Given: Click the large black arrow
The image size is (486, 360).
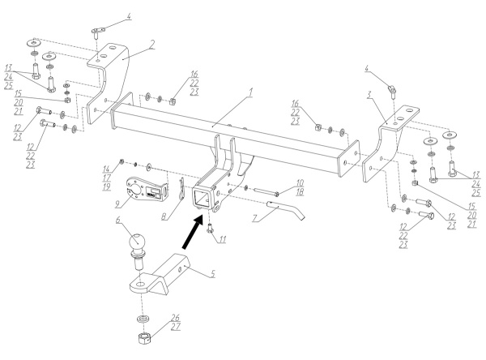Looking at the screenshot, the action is (193, 232).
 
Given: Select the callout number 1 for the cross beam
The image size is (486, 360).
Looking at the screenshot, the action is (251, 92).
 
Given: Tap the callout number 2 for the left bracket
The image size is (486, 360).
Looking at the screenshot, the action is (151, 45).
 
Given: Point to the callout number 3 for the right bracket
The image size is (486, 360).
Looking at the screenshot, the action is (369, 95).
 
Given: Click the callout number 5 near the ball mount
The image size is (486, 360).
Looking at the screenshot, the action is (212, 274).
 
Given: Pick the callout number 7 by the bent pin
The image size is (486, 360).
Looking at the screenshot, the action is (254, 218).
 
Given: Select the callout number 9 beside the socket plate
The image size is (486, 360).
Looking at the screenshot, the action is (117, 204).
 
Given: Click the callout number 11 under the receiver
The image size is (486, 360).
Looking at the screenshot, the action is (222, 239).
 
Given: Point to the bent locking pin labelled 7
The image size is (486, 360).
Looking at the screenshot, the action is (286, 210).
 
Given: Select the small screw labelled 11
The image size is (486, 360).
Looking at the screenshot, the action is (210, 228).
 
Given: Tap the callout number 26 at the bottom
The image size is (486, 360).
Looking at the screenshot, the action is (176, 318).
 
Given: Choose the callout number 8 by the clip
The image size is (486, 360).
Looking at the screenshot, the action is (164, 216).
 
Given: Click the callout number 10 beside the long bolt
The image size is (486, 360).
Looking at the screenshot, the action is (300, 182).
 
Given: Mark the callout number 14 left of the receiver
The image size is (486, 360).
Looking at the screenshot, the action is (107, 169).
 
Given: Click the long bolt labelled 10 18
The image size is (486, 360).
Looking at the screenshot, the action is (266, 191).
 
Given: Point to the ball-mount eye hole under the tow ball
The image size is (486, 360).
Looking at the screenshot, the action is (140, 285).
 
